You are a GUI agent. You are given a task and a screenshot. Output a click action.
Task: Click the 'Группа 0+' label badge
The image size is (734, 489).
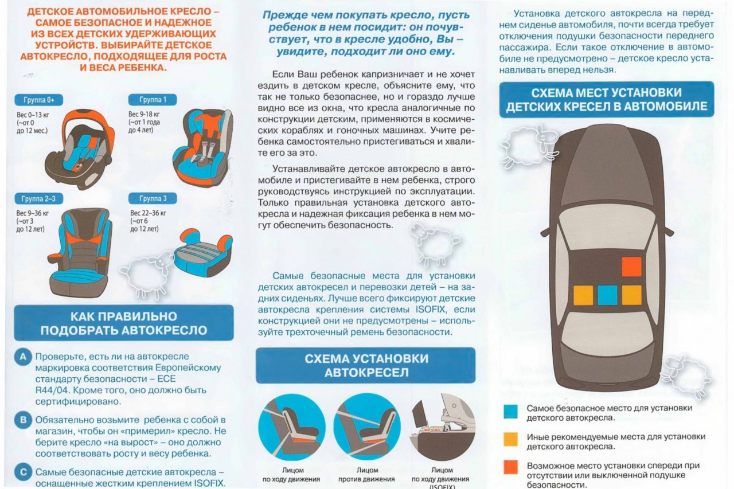(38, 100)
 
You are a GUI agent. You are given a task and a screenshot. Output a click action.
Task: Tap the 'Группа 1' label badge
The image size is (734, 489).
(153, 100)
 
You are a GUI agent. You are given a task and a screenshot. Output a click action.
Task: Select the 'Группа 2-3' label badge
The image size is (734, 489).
(38, 199)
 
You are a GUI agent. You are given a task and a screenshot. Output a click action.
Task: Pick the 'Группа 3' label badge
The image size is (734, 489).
(153, 198)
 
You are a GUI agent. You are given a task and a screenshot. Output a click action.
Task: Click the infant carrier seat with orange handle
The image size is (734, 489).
(80, 149)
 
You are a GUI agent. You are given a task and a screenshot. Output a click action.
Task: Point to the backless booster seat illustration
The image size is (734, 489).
(204, 252)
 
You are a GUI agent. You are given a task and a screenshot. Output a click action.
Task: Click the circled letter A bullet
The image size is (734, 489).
(23, 357)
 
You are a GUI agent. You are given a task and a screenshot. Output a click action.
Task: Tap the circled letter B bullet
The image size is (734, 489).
(23, 420)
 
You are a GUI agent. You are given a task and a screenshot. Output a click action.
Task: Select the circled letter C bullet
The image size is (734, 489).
(23, 472)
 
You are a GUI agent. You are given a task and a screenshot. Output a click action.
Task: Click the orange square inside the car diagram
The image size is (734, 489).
(631, 267)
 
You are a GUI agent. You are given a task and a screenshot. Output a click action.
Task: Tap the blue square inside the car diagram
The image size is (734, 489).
(607, 295)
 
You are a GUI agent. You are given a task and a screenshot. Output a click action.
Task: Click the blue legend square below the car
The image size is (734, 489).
(510, 412)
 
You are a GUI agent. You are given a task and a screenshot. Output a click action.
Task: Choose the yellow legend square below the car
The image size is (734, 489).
(510, 439)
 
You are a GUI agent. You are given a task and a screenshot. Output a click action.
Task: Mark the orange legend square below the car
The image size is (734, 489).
(510, 467)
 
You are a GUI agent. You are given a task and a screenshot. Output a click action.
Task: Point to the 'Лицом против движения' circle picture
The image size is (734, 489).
(367, 427)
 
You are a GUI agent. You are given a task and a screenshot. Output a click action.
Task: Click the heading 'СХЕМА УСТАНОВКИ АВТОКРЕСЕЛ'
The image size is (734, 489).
(366, 366)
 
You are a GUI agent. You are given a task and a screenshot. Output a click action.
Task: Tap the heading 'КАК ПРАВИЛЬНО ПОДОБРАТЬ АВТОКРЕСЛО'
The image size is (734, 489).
(123, 323)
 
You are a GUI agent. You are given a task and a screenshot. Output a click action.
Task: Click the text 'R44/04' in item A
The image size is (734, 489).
(52, 390)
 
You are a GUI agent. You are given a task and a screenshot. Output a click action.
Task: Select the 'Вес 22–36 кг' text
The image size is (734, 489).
(148, 213)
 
